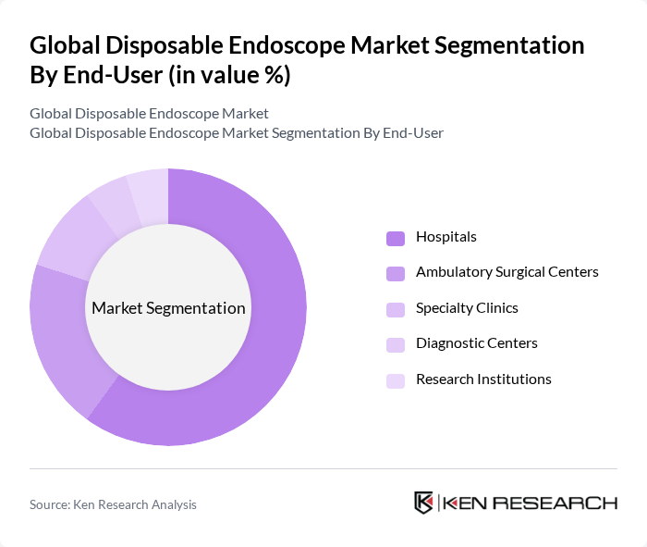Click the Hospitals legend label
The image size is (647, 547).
coord(446,237)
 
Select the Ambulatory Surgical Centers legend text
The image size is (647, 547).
coord(507,272)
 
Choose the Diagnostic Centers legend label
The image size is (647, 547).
coord(476,343)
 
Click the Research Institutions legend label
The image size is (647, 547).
coord(483,379)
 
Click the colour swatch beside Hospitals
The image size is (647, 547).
coord(396,238)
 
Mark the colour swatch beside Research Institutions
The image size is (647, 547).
coord(396,380)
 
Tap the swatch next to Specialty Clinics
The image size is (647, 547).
coord(396,309)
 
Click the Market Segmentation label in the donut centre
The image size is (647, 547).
coord(168,308)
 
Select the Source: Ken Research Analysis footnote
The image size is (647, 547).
coord(113,504)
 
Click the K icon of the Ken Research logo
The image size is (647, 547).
coord(424,503)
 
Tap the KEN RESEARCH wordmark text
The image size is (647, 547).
coord(530,503)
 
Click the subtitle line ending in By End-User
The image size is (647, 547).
coord(237,132)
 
